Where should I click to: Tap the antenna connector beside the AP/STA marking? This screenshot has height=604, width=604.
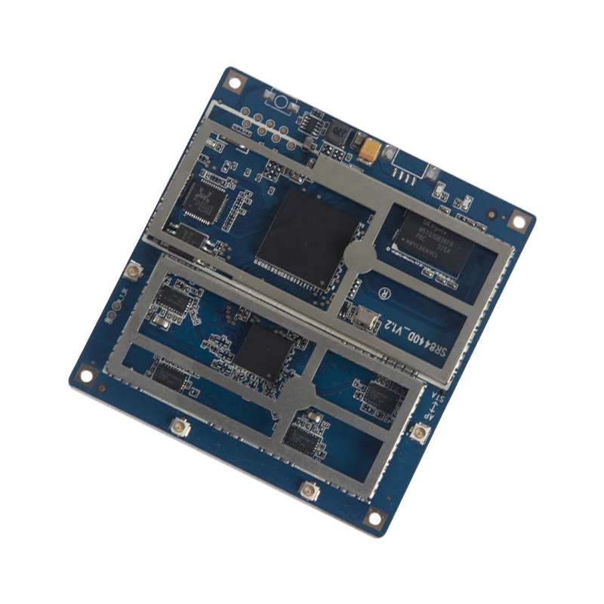point(418,433)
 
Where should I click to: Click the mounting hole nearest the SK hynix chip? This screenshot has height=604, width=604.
point(518,220)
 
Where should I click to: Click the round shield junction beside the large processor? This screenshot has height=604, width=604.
point(360,254)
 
